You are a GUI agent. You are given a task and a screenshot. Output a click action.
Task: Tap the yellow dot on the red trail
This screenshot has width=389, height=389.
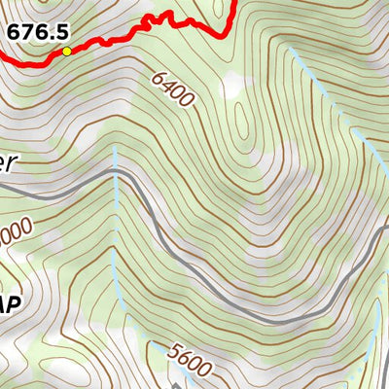click(66, 51)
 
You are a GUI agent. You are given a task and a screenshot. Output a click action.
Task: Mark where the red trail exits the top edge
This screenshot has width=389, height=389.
click(235, 2)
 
